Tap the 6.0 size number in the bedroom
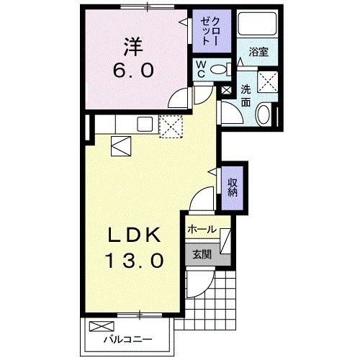click(x=132, y=73)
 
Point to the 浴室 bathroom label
click(x=258, y=53)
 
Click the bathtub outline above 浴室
click(x=258, y=28)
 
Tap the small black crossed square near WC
click(x=227, y=91)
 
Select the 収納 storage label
click(x=233, y=187)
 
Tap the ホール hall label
click(x=200, y=230)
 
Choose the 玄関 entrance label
click(x=200, y=253)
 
